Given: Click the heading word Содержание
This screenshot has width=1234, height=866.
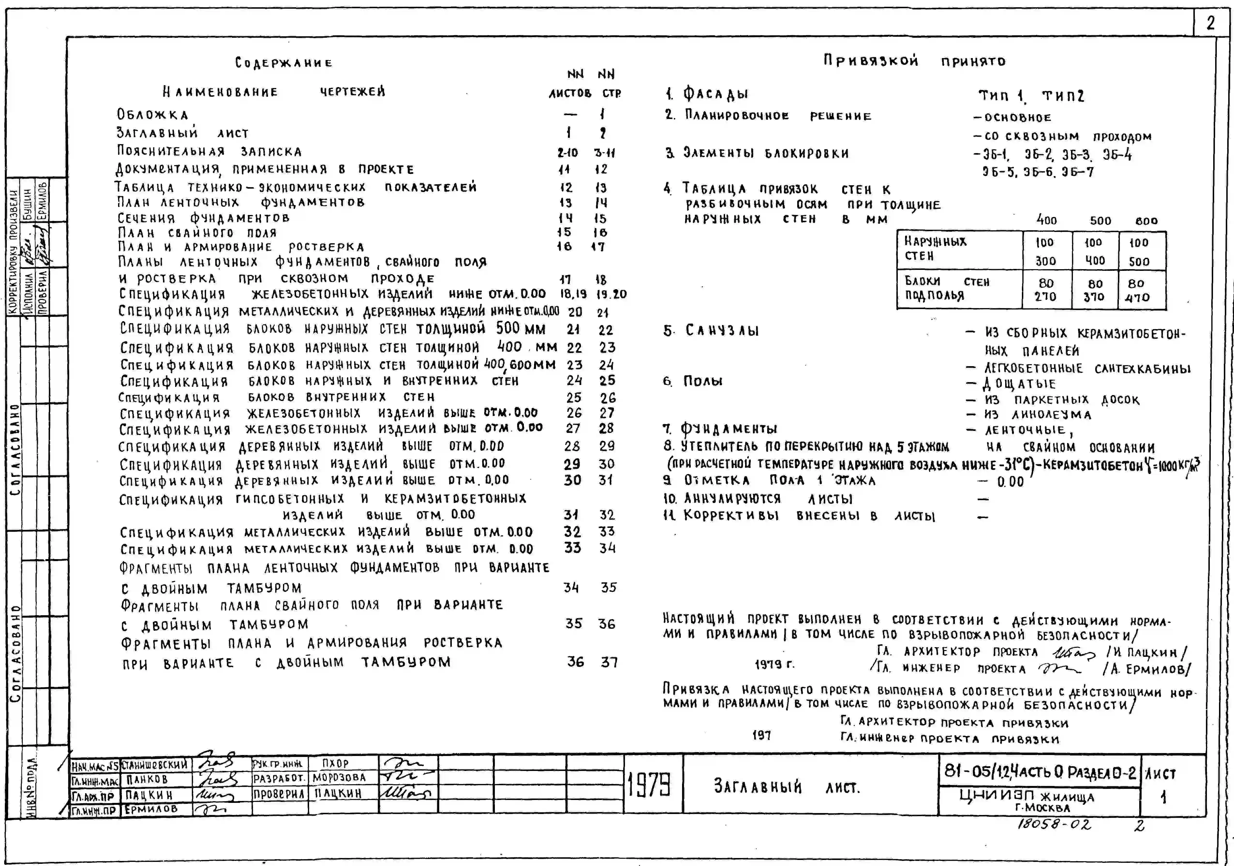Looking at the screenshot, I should click(x=284, y=63).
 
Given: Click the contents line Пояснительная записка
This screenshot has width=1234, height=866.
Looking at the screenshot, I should click(x=210, y=151).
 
